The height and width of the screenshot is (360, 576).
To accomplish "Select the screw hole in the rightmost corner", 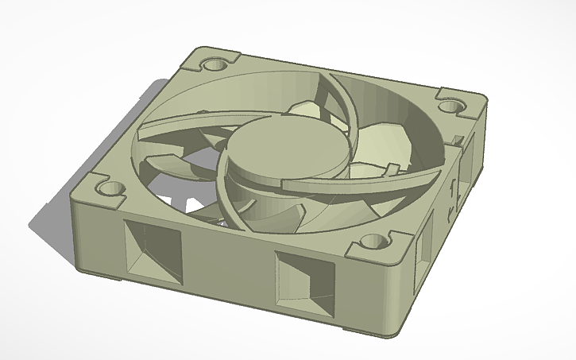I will click(x=455, y=105).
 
